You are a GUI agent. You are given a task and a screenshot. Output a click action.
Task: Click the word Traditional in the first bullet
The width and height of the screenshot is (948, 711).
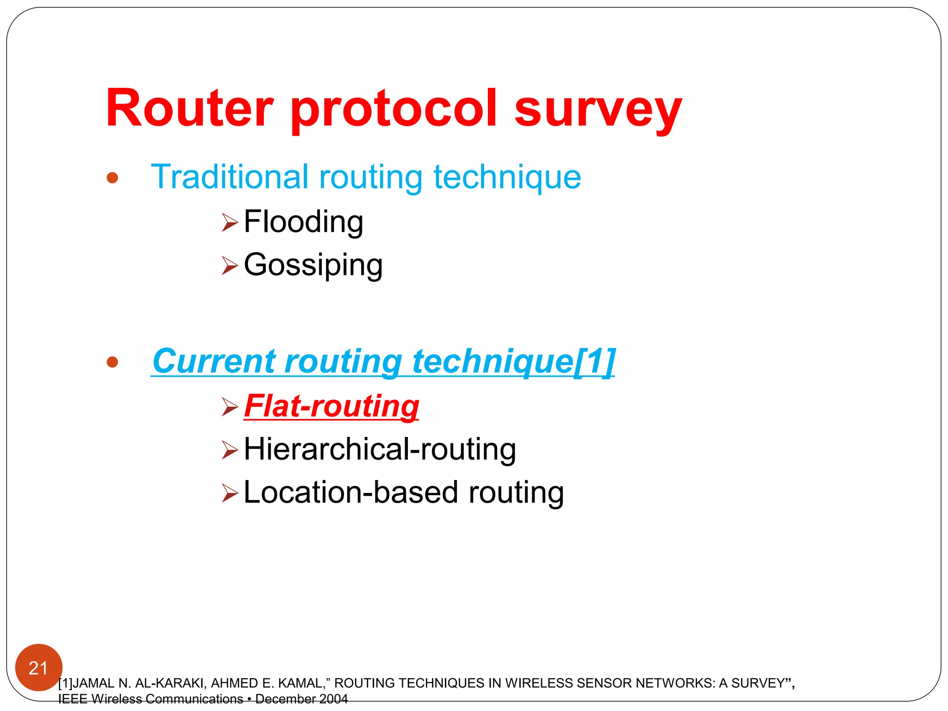(x=230, y=177)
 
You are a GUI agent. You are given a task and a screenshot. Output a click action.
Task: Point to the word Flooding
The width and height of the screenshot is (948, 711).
(x=303, y=222)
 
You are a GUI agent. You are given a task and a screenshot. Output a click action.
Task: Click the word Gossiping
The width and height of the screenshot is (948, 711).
(x=313, y=266)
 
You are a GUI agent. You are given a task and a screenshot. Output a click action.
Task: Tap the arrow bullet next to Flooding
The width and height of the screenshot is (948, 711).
(x=229, y=222)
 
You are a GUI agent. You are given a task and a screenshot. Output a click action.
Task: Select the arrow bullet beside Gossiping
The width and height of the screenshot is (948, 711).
(x=229, y=265)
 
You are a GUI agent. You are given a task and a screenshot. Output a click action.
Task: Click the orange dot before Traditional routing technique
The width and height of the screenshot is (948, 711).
(x=112, y=178)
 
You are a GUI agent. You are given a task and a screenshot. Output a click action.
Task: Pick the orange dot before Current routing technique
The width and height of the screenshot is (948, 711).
(x=112, y=362)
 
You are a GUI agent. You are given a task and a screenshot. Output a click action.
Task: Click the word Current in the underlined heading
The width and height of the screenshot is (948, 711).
(x=213, y=361)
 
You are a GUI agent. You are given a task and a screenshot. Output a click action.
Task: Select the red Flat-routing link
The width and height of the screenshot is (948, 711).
(x=331, y=406)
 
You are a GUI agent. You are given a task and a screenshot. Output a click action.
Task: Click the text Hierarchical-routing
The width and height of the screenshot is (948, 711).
(x=380, y=449)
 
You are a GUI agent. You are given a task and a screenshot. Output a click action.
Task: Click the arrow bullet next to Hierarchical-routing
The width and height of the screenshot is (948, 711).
(x=229, y=449)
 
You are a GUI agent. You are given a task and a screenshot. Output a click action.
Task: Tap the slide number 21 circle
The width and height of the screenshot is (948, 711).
(x=38, y=667)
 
